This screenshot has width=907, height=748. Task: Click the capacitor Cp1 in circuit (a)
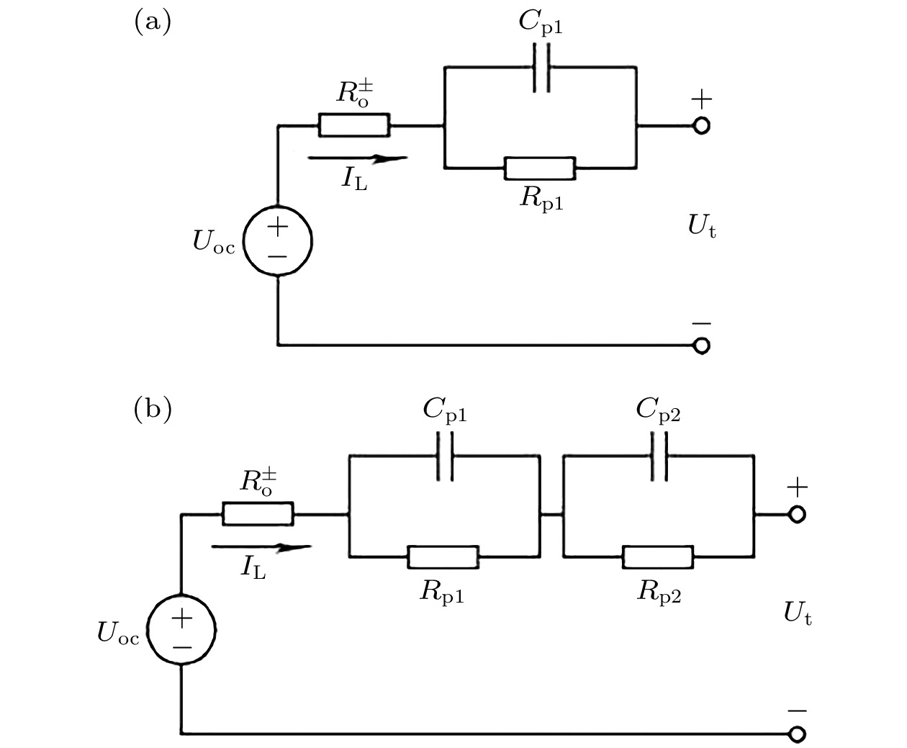[x=541, y=68]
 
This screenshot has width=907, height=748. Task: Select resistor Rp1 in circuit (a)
[x=540, y=168]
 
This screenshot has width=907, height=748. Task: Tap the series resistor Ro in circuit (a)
[x=353, y=125]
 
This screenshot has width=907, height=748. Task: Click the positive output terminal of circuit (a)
[x=701, y=126]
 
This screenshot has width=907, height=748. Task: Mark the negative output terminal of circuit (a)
[x=701, y=346]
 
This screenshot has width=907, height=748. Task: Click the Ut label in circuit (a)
[x=701, y=227]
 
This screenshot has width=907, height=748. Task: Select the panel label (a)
[x=153, y=22]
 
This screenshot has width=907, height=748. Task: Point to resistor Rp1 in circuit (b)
[x=443, y=557]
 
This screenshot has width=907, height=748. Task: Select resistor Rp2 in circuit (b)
[x=658, y=557]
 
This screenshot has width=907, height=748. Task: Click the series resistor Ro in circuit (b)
[x=258, y=514]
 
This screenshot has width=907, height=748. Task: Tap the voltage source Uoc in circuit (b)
[x=181, y=631]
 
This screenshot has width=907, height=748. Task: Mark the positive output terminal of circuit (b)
[x=797, y=515]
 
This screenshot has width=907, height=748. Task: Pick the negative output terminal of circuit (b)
[x=797, y=734]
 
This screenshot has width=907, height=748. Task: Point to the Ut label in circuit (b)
[x=798, y=614]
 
